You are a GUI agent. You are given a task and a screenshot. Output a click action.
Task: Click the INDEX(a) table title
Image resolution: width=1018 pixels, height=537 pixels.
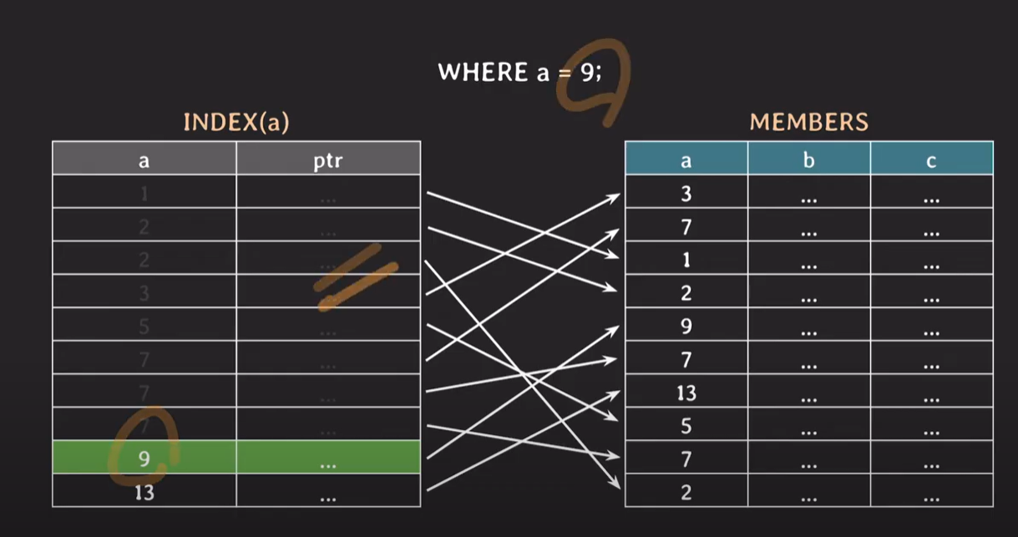click(x=236, y=123)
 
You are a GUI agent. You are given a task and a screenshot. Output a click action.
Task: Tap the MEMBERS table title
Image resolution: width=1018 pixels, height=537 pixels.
click(x=808, y=123)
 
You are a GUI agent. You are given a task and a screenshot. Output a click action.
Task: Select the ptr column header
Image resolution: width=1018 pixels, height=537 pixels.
click(x=327, y=160)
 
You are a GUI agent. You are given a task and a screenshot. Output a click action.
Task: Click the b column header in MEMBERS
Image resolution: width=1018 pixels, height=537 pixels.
click(x=808, y=160)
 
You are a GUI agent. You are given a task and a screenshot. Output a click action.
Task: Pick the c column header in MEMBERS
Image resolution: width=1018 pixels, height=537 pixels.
click(x=931, y=160)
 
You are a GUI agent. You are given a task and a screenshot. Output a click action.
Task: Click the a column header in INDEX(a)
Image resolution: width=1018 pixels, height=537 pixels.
click(x=144, y=160)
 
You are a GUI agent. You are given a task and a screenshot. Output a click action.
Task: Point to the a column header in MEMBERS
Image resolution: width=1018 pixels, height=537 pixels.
click(x=686, y=160)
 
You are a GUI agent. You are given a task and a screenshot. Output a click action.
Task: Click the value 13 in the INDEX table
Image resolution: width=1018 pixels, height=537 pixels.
click(x=144, y=493)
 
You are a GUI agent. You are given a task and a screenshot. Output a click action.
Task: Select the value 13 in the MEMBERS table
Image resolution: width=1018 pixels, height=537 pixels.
click(x=686, y=393)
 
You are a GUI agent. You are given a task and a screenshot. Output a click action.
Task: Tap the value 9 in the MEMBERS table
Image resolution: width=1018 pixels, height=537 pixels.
click(x=686, y=327)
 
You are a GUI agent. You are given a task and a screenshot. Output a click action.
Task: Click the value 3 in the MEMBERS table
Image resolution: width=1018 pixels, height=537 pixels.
click(x=686, y=194)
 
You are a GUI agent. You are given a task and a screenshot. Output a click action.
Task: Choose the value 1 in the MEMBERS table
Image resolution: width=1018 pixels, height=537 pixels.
click(x=686, y=260)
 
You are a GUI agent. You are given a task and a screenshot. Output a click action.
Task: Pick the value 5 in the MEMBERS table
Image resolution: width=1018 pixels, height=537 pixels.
click(x=686, y=426)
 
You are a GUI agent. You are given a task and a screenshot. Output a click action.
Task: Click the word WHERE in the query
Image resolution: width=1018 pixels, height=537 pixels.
click(x=483, y=72)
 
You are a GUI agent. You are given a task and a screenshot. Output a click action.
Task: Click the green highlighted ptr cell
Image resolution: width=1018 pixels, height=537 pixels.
click(x=327, y=458)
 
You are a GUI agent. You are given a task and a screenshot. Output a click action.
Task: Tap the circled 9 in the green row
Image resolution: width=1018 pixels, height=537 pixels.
click(x=144, y=458)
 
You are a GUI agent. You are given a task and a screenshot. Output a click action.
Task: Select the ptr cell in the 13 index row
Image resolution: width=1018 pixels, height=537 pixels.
click(x=327, y=493)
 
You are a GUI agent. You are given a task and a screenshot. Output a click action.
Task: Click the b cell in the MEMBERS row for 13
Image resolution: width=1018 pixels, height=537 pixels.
click(x=808, y=393)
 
